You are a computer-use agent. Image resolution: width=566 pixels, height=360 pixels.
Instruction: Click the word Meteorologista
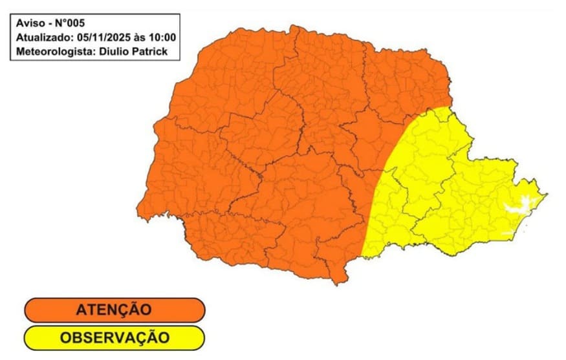click(52, 50)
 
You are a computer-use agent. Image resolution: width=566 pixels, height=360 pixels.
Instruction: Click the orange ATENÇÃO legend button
click(114, 310)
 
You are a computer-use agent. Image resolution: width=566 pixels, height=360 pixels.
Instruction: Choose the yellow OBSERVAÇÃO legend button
click(114, 337)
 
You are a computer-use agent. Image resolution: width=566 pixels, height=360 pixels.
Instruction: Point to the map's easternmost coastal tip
click(547, 194)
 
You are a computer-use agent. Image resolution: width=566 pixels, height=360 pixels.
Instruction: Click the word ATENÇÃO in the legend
click(114, 310)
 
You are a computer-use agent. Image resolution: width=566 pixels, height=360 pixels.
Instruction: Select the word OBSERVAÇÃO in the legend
click(114, 337)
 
